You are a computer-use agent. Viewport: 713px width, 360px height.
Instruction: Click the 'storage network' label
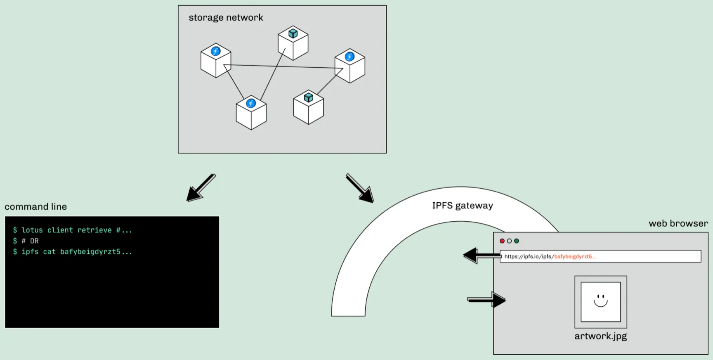226,17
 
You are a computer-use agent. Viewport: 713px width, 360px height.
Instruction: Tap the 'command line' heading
35,206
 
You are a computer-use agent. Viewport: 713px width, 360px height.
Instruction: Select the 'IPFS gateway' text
462,205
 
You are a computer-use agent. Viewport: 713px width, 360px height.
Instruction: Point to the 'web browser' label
678,223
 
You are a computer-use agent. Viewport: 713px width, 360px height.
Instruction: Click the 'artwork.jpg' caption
600,336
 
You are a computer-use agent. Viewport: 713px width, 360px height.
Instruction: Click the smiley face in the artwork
601,300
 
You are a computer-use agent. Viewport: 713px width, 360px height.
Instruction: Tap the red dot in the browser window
502,241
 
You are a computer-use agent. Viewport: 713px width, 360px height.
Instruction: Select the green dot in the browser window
516,241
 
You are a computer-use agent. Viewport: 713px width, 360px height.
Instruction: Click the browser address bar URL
550,256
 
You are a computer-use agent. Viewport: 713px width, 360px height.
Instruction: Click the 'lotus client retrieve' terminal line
73,230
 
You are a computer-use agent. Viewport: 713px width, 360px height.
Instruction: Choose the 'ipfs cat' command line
73,251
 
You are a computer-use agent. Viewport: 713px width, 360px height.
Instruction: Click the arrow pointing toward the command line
200,188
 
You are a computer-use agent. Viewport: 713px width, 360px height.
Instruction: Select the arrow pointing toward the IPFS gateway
360,188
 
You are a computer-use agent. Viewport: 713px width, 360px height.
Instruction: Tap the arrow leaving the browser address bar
481,256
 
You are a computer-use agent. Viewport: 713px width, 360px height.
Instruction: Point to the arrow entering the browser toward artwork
487,300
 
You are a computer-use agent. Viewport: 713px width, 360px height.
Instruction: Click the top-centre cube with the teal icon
293,43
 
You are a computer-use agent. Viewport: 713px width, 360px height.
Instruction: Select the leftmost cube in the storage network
216,61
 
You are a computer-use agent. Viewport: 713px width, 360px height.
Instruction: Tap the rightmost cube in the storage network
350,66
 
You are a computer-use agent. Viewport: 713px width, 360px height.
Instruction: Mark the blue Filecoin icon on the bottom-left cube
251,103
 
